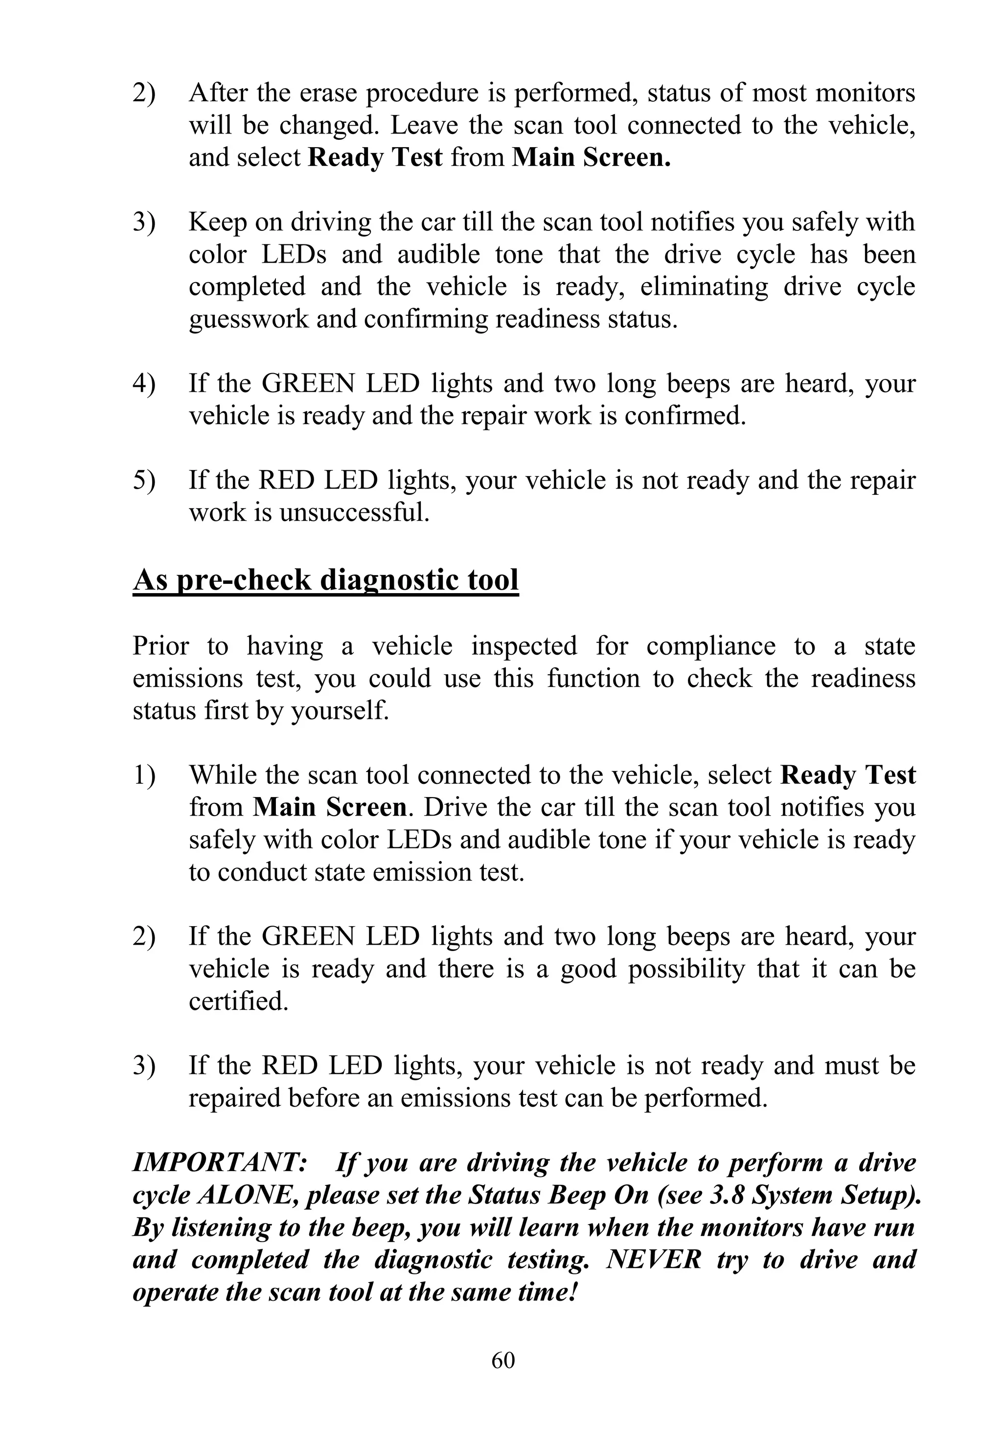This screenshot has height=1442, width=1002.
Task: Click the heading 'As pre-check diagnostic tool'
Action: pos(325,579)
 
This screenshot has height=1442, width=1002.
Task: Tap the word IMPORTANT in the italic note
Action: pos(219,1163)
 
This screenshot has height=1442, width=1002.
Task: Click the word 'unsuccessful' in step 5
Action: pos(354,512)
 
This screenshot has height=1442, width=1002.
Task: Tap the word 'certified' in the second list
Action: pos(238,1001)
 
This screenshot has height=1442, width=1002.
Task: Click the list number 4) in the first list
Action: pos(144,383)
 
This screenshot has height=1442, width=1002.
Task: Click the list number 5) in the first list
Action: pos(144,481)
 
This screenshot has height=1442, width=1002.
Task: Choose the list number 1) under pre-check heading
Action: pos(144,775)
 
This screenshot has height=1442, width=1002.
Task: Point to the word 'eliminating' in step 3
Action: pos(704,287)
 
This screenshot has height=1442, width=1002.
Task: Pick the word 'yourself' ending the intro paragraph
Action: pos(340,711)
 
